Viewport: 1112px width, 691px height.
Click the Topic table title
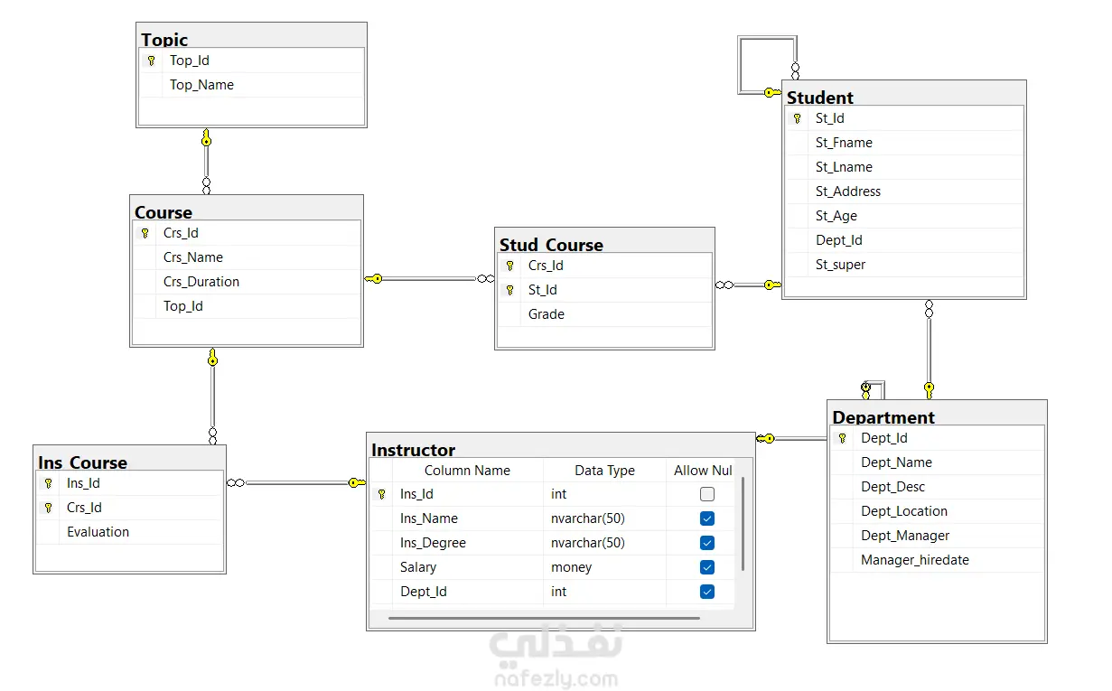(164, 40)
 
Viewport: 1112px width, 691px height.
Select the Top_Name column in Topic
(201, 85)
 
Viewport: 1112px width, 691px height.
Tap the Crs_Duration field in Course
(201, 282)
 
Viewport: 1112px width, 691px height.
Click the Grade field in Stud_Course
(547, 314)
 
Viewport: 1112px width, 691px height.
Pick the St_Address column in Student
(848, 191)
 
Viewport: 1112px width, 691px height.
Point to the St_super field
(840, 265)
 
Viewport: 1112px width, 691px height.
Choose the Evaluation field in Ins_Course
(98, 532)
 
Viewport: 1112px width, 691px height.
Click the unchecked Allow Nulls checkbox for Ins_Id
(707, 494)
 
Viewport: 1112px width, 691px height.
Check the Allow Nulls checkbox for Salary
(707, 567)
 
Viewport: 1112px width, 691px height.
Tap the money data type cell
(571, 567)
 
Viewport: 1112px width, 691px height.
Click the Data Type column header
(604, 470)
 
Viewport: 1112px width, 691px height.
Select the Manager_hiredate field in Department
(914, 560)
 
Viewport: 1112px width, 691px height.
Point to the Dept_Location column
(904, 511)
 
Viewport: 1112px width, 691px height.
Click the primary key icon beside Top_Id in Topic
(152, 61)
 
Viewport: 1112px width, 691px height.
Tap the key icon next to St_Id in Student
(798, 118)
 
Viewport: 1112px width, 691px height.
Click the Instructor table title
(413, 450)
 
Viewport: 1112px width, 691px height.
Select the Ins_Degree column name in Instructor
(433, 543)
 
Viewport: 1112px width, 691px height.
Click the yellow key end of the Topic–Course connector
(207, 138)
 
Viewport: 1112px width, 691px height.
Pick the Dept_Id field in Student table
(839, 240)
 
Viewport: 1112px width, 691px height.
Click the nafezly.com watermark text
(556, 678)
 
